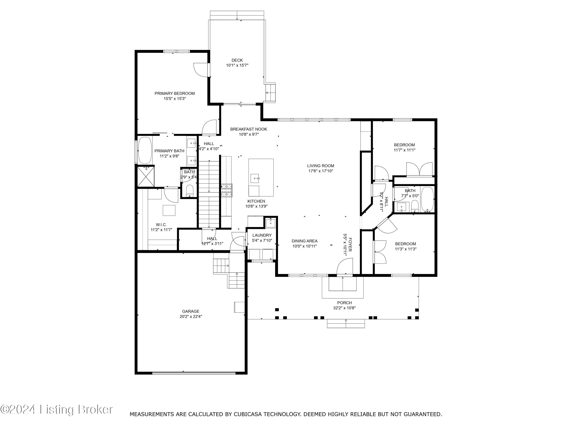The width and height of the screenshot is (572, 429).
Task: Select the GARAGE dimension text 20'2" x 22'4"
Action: point(191,317)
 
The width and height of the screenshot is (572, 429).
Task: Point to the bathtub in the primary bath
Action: point(145,150)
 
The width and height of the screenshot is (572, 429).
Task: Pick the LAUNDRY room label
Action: point(262,235)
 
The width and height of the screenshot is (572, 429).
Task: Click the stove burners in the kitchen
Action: point(227,191)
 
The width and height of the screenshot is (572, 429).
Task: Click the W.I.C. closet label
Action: point(161,225)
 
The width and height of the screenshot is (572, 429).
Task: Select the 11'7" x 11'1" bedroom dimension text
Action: point(404,150)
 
